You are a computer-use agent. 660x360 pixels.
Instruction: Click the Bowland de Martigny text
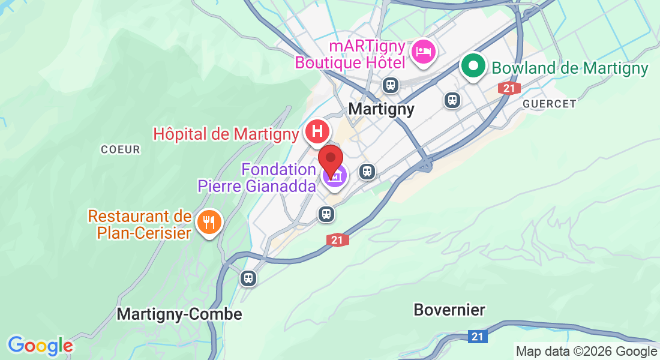[x=570, y=68]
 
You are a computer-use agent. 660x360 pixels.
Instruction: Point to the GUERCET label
[x=549, y=104]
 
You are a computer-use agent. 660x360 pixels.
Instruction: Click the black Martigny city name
[x=381, y=109]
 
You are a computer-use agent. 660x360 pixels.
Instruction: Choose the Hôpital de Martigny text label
[x=226, y=134]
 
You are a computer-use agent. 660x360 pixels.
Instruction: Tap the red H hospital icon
[x=317, y=131]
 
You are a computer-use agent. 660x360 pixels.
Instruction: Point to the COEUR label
[x=120, y=149]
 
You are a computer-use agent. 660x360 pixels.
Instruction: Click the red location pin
[x=330, y=158]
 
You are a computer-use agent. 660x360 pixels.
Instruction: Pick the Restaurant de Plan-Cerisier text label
[x=139, y=224]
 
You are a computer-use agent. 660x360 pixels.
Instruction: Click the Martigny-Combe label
[x=179, y=314]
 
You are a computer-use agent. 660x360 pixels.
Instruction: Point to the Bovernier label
[x=449, y=310]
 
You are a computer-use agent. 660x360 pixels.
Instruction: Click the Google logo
[x=40, y=346]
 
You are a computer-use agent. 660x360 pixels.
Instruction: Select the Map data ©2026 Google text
[x=586, y=352]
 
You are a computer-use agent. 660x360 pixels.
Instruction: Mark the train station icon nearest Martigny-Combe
[x=248, y=278]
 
